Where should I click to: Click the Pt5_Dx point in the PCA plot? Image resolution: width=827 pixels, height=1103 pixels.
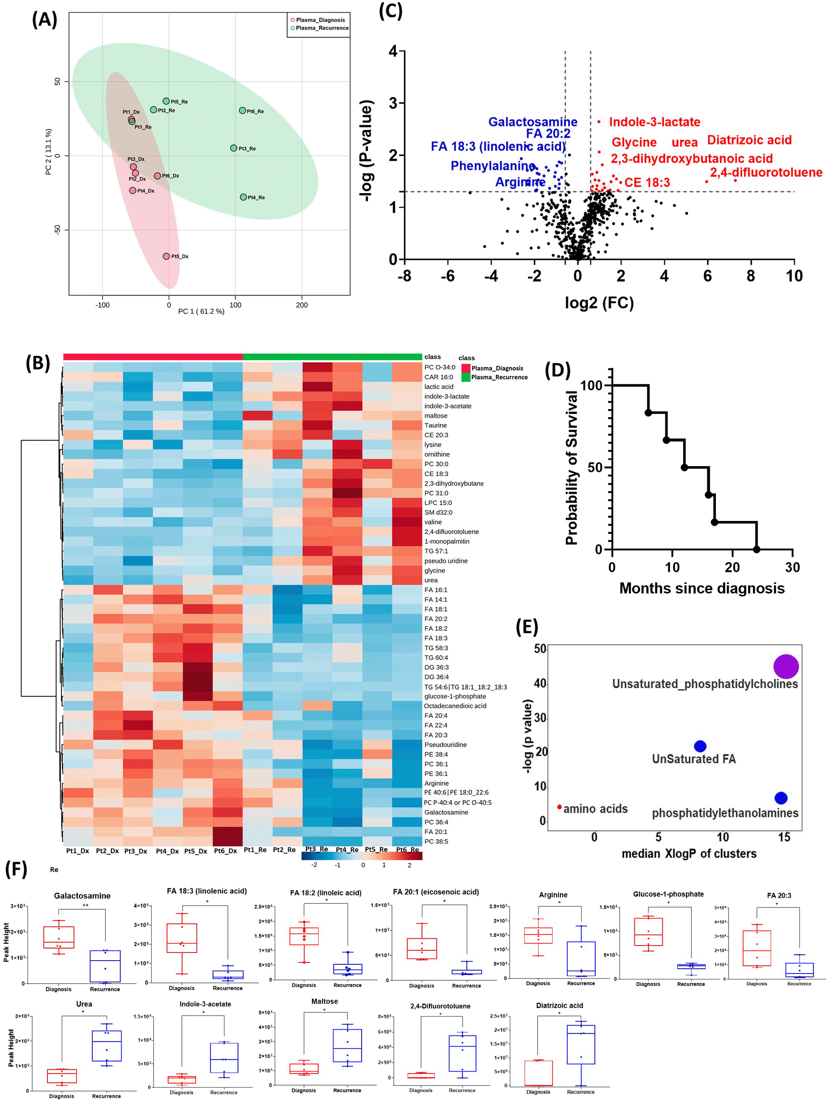coord(167,256)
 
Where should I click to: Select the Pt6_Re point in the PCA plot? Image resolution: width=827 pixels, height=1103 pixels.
coord(242,111)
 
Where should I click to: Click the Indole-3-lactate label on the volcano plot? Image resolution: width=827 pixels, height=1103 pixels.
coord(654,122)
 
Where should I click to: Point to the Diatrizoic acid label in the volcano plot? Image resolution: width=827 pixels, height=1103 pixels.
coord(749,140)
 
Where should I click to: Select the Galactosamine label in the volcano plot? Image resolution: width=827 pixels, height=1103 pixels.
coord(533,122)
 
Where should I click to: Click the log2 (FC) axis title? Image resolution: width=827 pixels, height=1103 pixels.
coord(599,303)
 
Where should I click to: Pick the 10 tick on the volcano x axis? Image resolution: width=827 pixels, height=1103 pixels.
coord(794,276)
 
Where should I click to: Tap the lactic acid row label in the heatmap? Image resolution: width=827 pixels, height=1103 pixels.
coord(439,387)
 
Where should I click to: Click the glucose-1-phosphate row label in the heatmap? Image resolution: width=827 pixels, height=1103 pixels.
coord(455,696)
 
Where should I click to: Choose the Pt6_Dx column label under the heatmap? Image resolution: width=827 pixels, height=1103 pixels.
coord(225,851)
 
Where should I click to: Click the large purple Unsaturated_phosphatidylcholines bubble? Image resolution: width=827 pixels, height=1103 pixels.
coord(785,666)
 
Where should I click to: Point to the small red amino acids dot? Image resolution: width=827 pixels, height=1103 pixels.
coord(560,807)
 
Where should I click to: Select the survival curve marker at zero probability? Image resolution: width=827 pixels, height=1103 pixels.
coord(756,550)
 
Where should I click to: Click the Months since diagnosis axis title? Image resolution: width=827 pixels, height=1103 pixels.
coord(701,588)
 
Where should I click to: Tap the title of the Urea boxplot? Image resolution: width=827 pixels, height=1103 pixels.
coord(84,1004)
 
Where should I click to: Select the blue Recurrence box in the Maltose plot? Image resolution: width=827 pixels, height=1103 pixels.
coord(347,1045)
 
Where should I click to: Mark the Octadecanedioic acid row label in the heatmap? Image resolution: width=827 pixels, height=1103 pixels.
coord(455,706)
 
